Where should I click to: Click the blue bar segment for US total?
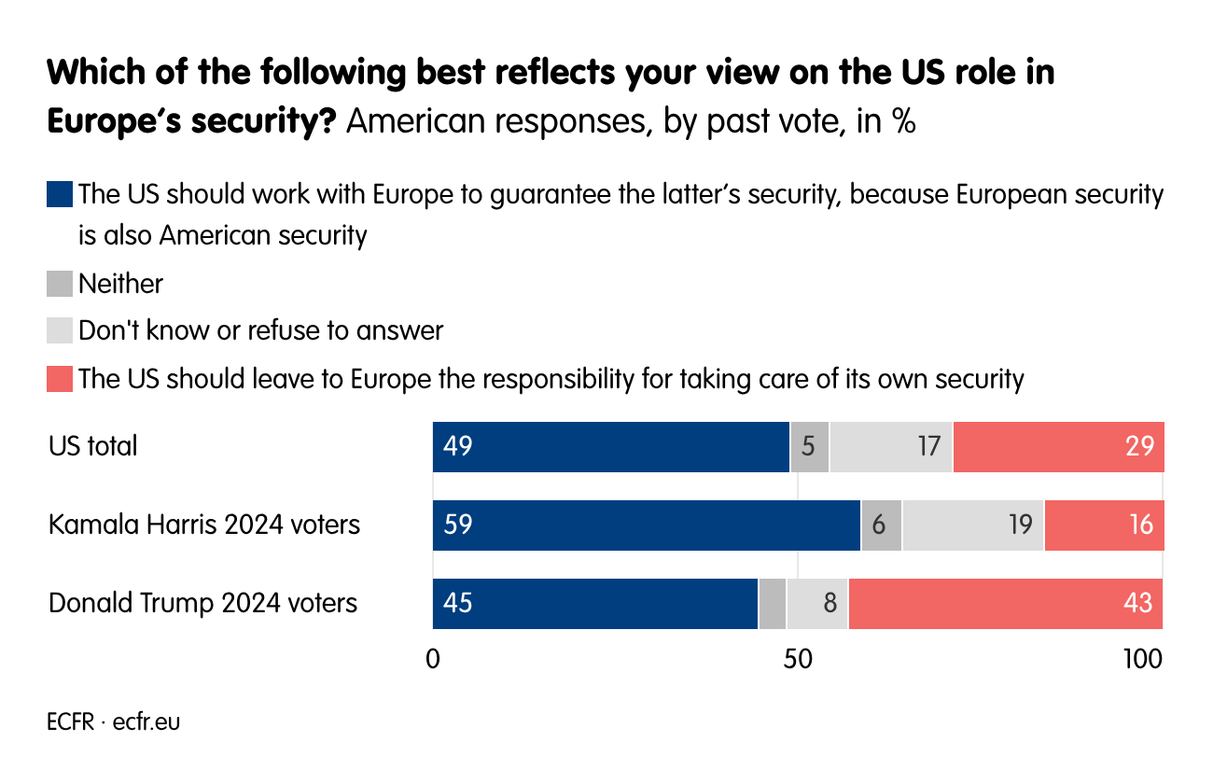click(611, 446)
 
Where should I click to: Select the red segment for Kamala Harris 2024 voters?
click(1104, 525)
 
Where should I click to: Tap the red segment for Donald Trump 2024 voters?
click(1006, 603)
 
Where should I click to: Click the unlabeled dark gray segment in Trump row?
click(773, 603)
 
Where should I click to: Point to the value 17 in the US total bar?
click(927, 446)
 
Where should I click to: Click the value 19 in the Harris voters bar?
click(1020, 525)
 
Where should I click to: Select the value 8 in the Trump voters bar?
click(829, 603)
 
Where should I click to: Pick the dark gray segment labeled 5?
click(809, 446)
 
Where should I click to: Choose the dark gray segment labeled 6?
click(881, 525)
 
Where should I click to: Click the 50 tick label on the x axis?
click(797, 659)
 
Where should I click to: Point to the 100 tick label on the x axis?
click(1142, 659)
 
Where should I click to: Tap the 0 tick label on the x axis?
click(433, 659)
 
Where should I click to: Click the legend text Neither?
click(120, 284)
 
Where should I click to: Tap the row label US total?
click(93, 446)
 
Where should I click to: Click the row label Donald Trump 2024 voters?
click(202, 603)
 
